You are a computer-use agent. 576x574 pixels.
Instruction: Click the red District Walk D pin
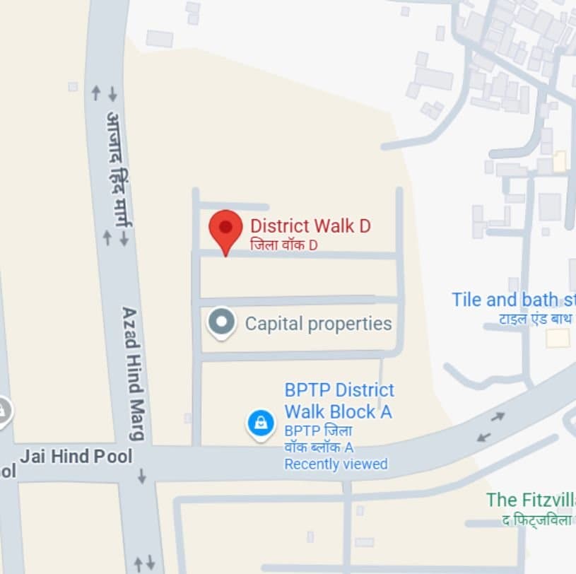click(225, 229)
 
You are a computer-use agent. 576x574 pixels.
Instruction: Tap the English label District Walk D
click(310, 226)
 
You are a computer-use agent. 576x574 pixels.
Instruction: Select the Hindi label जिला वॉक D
click(284, 245)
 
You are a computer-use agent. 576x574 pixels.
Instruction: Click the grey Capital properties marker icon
click(221, 322)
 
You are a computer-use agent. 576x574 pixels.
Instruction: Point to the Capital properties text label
click(318, 324)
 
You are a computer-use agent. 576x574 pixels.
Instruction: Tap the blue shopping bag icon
click(260, 423)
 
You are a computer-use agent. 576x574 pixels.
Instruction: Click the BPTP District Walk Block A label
click(339, 401)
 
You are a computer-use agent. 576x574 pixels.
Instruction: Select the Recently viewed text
click(336, 464)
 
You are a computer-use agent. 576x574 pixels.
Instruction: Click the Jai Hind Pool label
click(76, 457)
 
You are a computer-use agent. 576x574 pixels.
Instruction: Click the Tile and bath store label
click(513, 299)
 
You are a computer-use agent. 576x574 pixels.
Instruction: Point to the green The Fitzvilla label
click(530, 500)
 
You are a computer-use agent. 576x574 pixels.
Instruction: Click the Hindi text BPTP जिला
click(319, 431)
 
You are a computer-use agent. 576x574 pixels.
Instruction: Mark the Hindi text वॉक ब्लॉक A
click(319, 447)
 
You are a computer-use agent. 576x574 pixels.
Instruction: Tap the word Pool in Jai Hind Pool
click(114, 457)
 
